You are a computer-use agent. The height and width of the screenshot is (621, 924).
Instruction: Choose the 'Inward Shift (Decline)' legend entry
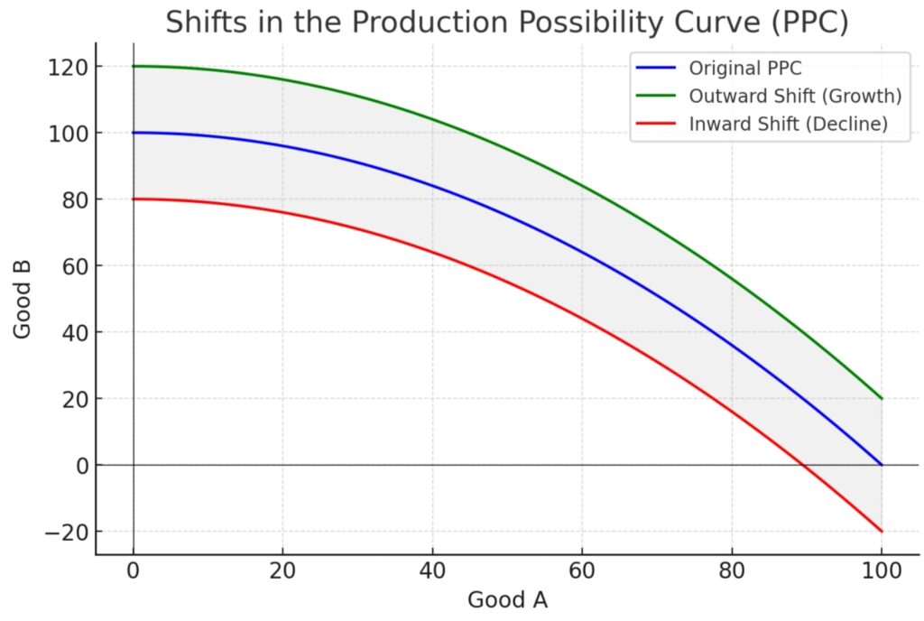[787, 125]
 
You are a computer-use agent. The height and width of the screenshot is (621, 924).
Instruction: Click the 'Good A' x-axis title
[506, 599]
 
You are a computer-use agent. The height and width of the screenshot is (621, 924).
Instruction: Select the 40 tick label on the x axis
[432, 570]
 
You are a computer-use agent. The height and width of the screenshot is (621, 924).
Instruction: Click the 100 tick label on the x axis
[881, 570]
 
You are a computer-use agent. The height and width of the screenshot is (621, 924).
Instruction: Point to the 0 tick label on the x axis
[134, 570]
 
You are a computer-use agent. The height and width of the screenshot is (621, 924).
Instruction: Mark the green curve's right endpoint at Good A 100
[881, 398]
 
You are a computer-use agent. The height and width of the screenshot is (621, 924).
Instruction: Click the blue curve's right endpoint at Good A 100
[881, 465]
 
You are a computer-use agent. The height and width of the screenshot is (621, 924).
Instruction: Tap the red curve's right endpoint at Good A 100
[881, 531]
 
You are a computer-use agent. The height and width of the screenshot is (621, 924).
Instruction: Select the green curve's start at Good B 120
[134, 66]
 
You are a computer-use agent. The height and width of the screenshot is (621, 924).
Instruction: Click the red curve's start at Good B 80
[134, 199]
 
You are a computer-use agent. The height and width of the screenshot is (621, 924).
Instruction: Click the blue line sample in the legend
[655, 68]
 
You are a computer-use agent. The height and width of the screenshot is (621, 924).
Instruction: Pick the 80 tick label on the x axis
[732, 570]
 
